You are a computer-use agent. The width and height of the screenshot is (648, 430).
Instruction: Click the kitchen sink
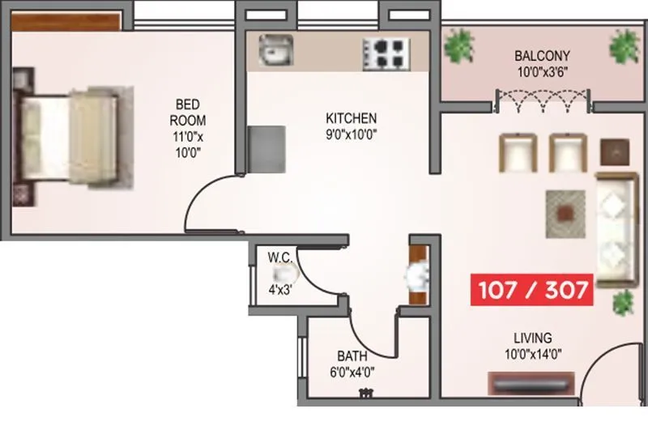click(274, 53)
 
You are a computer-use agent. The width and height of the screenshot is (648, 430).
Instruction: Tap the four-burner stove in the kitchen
click(385, 53)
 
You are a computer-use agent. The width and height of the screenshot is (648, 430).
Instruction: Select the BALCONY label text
click(542, 56)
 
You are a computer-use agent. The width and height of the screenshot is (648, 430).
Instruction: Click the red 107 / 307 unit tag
click(532, 290)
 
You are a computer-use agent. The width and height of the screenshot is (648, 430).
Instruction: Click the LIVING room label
click(531, 337)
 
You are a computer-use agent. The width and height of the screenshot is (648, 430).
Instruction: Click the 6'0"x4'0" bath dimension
click(352, 373)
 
